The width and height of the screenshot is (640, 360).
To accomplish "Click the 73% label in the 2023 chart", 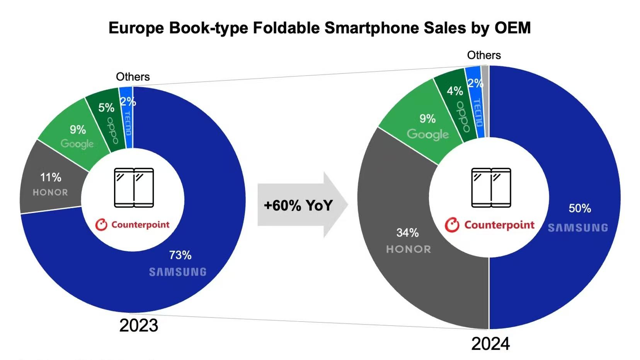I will click(180, 255).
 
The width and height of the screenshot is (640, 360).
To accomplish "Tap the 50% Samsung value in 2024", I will click(580, 208).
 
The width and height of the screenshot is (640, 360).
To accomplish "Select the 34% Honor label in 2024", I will click(407, 233).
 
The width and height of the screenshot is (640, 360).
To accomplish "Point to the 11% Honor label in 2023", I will click(51, 177).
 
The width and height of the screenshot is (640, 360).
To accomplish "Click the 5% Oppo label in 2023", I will click(106, 107).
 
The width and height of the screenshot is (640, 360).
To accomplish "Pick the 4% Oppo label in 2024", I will click(454, 91).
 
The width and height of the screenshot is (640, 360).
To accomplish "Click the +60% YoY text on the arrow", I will click(298, 205).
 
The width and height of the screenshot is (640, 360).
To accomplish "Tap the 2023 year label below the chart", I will click(139, 326).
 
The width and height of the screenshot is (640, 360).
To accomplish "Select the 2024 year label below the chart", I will click(490, 344).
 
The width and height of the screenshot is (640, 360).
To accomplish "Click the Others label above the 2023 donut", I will click(133, 77).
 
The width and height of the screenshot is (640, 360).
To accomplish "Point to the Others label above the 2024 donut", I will click(484, 55).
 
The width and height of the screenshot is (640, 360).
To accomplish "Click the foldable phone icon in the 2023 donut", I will click(134, 188).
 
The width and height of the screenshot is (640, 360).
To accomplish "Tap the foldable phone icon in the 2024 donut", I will click(491, 188).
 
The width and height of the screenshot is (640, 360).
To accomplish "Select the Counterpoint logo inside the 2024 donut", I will click(490, 225).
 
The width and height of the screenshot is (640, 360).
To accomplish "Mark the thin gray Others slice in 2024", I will click(485, 101).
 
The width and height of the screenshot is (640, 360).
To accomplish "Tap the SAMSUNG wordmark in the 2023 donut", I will click(178, 272).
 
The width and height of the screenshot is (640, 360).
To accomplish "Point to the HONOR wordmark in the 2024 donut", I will click(409, 249).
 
